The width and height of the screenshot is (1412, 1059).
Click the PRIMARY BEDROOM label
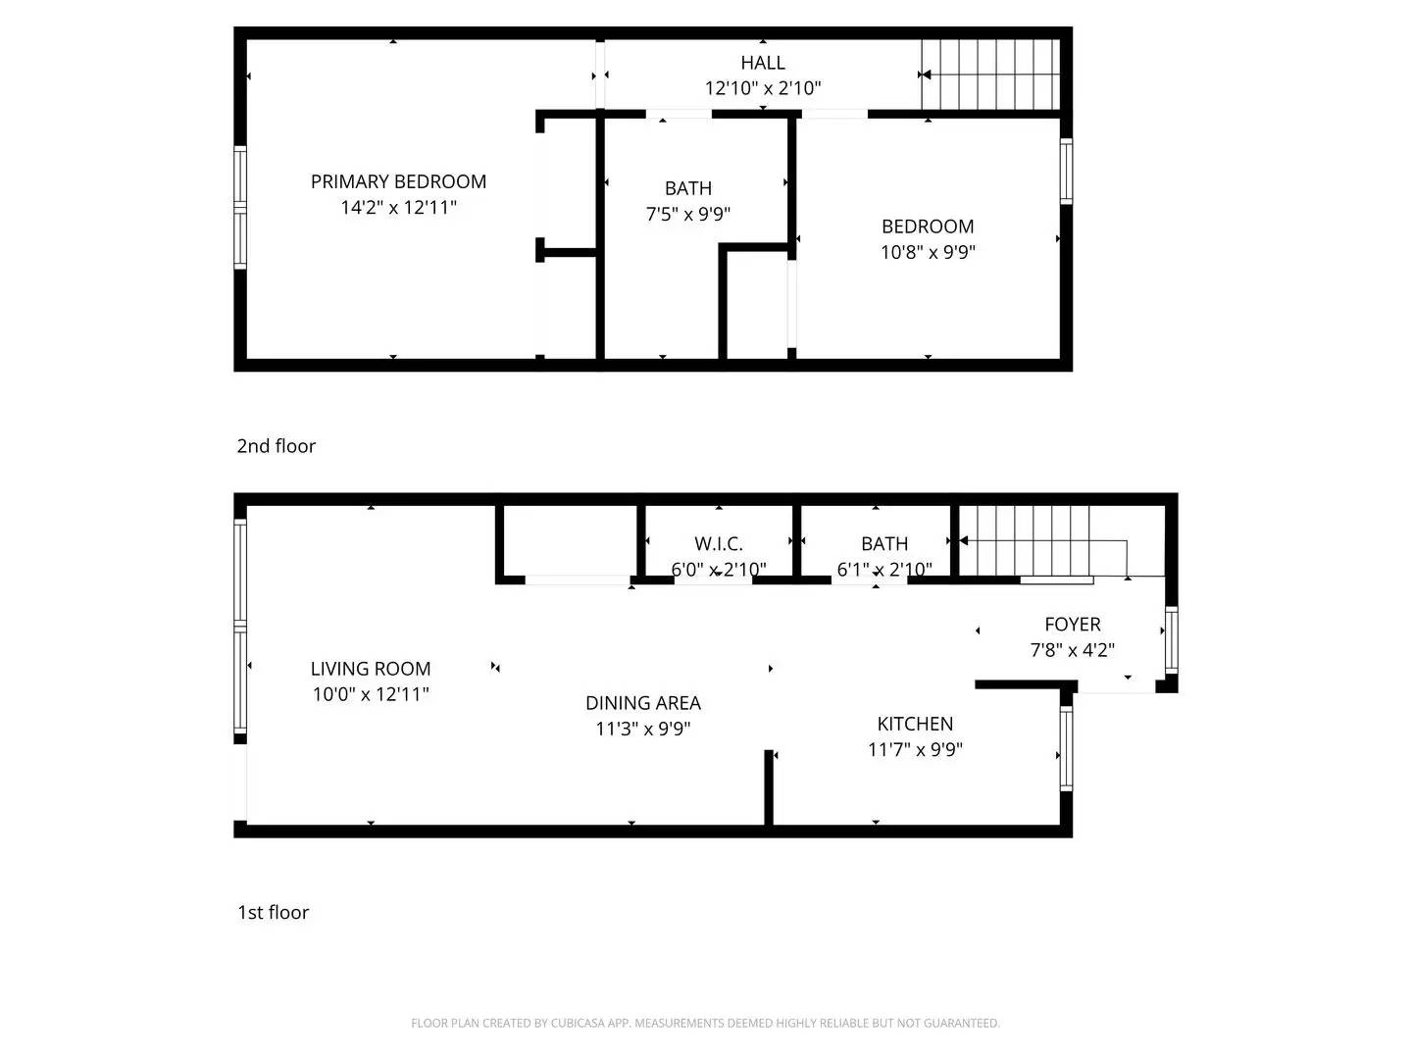tap(398, 182)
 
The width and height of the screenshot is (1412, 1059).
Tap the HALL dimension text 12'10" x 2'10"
tap(763, 87)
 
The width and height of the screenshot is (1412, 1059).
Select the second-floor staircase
tap(990, 75)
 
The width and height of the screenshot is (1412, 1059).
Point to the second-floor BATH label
tap(688, 188)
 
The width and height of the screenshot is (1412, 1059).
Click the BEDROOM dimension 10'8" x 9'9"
tap(928, 252)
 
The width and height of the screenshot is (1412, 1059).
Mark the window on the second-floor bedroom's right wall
tap(1066, 172)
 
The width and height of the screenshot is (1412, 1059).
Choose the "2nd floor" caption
tap(276, 446)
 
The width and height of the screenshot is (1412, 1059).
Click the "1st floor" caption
tap(274, 912)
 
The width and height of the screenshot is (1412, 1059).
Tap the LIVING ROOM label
tap(371, 669)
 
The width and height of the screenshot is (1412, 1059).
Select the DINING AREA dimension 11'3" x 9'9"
tap(643, 729)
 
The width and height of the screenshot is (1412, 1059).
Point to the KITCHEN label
tap(915, 724)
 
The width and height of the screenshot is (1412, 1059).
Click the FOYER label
tap(1073, 625)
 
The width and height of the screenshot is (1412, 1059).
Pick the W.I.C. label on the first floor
tap(719, 544)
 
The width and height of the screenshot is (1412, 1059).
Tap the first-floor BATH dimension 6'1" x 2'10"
tap(884, 569)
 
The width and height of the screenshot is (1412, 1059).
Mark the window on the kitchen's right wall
tap(1066, 748)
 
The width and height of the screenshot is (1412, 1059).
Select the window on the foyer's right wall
tap(1172, 639)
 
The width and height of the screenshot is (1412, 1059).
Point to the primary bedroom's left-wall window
tap(240, 208)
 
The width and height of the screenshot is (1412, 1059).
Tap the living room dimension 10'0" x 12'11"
tap(371, 694)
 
